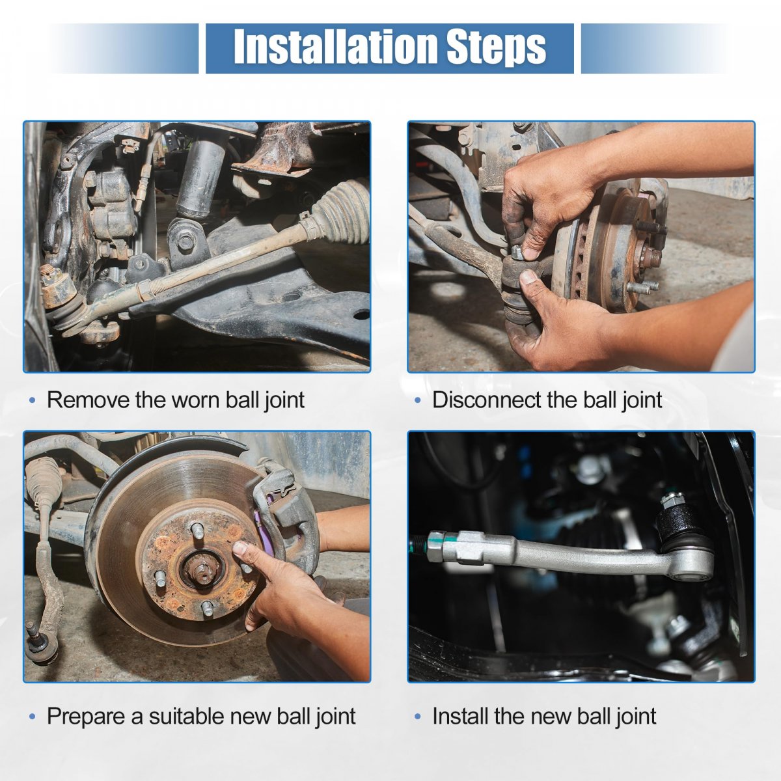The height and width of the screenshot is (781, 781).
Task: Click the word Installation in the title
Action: [337, 47]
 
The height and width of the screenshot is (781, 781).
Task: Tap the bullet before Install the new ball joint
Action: [418, 717]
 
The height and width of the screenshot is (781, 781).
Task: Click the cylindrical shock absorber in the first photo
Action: [201, 176]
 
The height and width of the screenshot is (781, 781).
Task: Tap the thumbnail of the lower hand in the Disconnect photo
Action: [528, 278]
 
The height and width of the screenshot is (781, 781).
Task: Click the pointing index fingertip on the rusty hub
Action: [239, 549]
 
